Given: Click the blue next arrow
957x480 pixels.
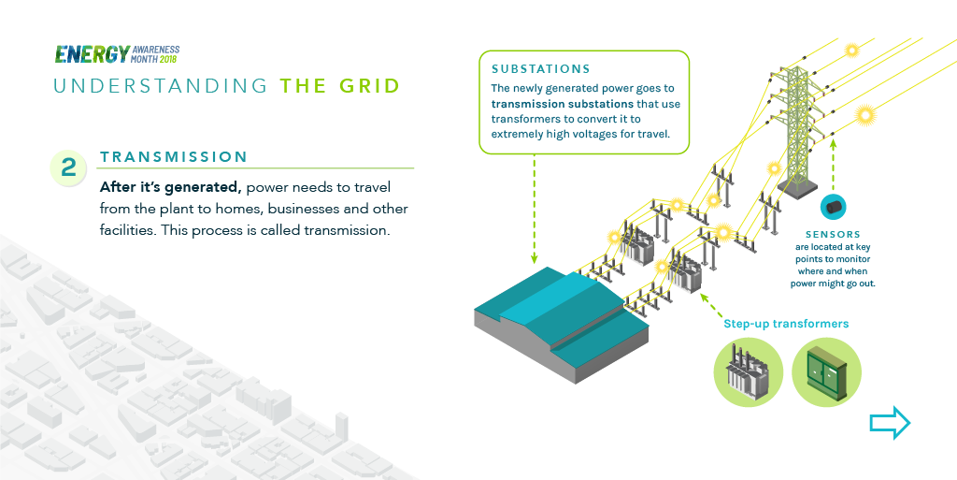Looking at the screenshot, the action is coord(889,423).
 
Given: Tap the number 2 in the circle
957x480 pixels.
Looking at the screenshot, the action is coord(68,167).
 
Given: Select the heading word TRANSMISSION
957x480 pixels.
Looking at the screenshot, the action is coord(174,157).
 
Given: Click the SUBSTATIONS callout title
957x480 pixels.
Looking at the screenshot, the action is coord(541,69).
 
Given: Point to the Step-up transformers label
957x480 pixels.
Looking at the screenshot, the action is coord(786,324).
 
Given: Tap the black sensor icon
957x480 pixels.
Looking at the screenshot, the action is coord(832,207).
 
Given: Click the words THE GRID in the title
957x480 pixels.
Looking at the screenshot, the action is coord(340,87).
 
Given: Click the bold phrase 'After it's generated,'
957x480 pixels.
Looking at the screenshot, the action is coord(170,187).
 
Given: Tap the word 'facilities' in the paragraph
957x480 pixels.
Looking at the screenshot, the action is coord(127,230).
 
